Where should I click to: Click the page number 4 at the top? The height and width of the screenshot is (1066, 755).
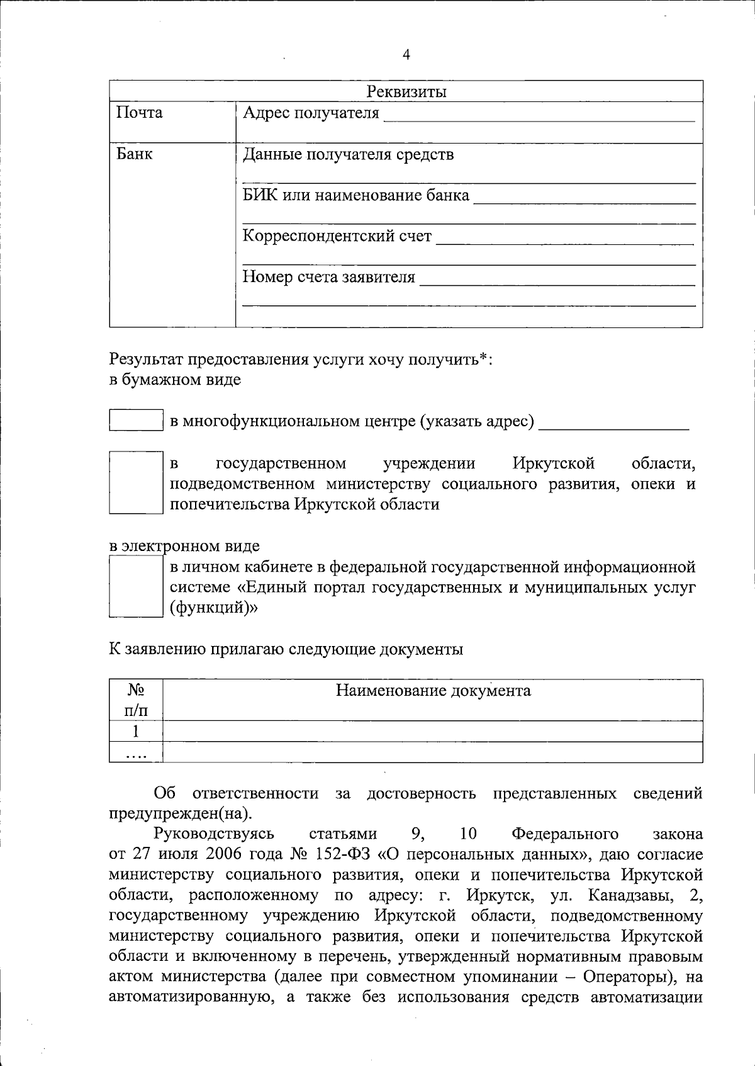pyautogui.click(x=406, y=55)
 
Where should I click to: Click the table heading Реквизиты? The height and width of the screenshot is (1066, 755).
pyautogui.click(x=406, y=92)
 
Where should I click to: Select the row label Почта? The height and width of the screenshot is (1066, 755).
pyautogui.click(x=140, y=113)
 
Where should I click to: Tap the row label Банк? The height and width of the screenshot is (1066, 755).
pyautogui.click(x=135, y=154)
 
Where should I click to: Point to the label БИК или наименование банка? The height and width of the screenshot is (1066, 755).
pyautogui.click(x=356, y=195)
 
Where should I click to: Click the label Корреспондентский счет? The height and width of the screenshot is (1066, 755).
pyautogui.click(x=337, y=236)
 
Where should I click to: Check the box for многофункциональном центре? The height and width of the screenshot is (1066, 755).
pyautogui.click(x=136, y=420)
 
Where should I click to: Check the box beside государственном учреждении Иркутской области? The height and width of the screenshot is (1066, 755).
pyautogui.click(x=136, y=482)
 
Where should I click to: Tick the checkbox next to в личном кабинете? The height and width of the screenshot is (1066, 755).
pyautogui.click(x=136, y=586)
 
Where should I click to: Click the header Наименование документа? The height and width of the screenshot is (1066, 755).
pyautogui.click(x=433, y=691)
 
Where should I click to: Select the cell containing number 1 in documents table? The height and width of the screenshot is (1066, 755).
pyautogui.click(x=136, y=732)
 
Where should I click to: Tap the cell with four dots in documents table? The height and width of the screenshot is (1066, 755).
pyautogui.click(x=136, y=752)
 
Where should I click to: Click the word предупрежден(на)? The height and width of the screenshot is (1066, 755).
pyautogui.click(x=181, y=814)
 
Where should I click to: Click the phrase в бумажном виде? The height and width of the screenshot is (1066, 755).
pyautogui.click(x=175, y=380)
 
